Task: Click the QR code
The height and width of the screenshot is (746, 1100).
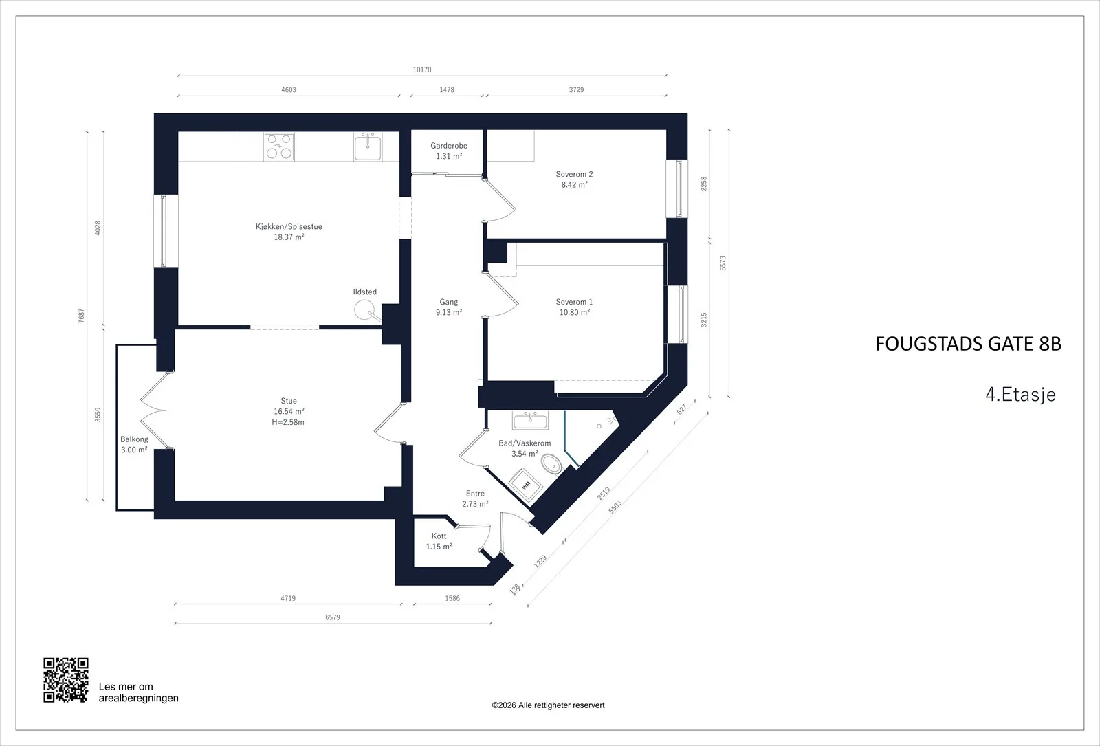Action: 66,680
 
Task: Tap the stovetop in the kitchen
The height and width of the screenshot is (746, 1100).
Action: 279,147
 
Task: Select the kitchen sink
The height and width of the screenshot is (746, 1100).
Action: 367,147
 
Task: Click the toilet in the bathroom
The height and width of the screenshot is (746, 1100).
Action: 551,463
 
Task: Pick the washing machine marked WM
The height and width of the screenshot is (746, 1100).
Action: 526,485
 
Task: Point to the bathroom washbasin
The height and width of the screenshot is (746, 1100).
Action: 530,420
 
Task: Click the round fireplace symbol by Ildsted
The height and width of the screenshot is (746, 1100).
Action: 364,310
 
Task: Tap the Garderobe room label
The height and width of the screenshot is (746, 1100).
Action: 449,151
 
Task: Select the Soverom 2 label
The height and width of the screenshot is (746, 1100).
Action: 574,179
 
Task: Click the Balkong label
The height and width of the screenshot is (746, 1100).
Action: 134,444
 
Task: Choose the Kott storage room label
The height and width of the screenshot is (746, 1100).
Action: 439,541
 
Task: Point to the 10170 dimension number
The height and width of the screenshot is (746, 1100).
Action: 422,69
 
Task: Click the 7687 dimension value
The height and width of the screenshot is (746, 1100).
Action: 82,316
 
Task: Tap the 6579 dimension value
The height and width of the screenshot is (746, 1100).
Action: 333,617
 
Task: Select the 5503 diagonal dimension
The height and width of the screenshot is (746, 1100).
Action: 615,507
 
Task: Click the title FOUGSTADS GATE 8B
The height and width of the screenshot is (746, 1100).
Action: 969,344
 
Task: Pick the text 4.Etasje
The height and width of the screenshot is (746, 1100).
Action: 1020,395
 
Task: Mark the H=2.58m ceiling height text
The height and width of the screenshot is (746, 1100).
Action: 288,422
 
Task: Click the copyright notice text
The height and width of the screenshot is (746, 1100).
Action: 548,705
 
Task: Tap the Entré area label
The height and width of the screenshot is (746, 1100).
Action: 475,498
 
